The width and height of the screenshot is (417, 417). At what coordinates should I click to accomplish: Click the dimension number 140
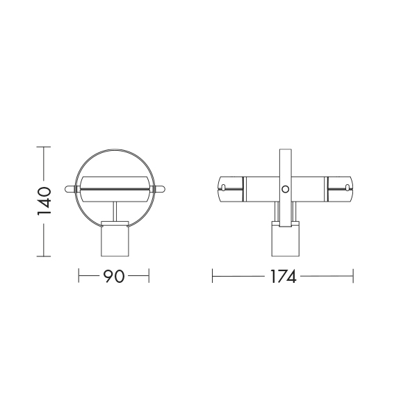(44, 202)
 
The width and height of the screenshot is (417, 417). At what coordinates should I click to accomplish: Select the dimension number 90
(113, 276)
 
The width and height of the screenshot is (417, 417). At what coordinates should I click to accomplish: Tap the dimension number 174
(283, 277)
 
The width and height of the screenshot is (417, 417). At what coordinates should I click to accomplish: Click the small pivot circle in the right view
(286, 189)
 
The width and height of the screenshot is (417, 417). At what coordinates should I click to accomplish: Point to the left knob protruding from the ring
(70, 189)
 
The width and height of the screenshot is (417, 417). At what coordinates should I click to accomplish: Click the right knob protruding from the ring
(159, 189)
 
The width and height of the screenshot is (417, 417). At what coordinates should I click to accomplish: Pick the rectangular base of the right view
(286, 239)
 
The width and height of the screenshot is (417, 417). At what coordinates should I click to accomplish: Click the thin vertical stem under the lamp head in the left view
(115, 211)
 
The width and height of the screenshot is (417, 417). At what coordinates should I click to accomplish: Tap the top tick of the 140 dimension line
(44, 147)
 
